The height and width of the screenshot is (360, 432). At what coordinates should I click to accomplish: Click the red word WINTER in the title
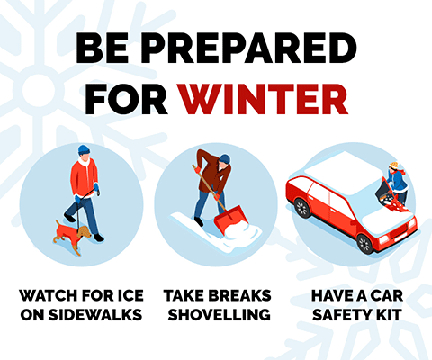tap(263, 99)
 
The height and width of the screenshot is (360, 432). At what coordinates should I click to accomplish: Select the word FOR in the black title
tap(126, 99)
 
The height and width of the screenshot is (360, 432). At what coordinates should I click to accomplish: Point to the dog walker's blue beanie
tap(84, 149)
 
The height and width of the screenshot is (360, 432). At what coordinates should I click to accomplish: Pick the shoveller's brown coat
tap(213, 173)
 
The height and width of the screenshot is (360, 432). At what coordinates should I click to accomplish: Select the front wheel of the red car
tap(365, 244)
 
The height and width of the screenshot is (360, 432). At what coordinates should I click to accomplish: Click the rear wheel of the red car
tap(301, 208)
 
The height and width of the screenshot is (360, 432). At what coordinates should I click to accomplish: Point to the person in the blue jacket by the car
tap(397, 182)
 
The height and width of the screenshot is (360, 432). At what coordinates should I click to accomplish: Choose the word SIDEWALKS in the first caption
tap(95, 315)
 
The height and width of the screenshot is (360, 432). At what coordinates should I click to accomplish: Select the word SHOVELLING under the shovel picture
tap(220, 315)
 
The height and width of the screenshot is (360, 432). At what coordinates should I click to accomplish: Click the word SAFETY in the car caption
tap(341, 315)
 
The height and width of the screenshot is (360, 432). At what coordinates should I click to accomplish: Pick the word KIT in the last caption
tap(388, 315)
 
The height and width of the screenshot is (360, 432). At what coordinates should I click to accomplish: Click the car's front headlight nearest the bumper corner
tap(383, 239)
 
